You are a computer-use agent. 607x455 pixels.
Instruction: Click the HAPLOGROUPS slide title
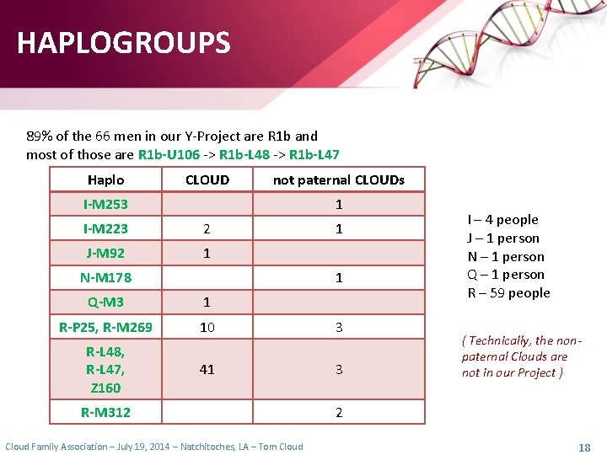tap(123, 43)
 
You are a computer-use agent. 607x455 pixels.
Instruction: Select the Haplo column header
tap(105, 179)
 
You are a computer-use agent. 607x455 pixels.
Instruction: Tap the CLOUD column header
tap(207, 179)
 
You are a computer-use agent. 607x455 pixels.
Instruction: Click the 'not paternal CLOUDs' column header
tap(338, 179)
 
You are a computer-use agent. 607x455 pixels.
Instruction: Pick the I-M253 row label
tap(105, 204)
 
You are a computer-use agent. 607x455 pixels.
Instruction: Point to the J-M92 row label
tap(105, 253)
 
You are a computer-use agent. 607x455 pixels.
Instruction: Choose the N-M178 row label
tap(105, 277)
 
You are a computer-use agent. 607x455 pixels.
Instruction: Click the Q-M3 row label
tap(105, 302)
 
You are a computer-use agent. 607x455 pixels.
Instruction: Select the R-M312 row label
tap(105, 412)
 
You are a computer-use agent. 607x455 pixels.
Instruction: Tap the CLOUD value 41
tap(207, 369)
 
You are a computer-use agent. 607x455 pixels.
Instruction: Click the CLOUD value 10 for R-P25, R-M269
tap(207, 327)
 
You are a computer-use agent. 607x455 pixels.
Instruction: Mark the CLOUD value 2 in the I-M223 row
tap(207, 228)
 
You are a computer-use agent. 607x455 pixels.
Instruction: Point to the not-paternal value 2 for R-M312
tap(339, 412)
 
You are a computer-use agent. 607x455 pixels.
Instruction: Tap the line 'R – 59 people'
tap(508, 293)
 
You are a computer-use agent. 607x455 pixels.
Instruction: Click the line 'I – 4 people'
tap(502, 220)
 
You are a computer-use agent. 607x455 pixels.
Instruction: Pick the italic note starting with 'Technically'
tap(520, 356)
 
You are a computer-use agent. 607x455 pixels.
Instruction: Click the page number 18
tap(583, 447)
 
